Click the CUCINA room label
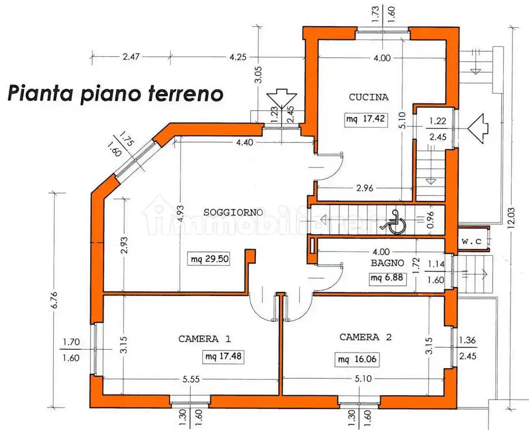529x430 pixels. click(x=368, y=97)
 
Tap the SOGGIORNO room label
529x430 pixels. click(x=233, y=212)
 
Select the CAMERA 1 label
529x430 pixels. click(x=204, y=339)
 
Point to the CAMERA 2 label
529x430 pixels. click(x=365, y=337)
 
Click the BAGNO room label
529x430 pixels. click(x=387, y=263)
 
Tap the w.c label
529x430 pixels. click(x=471, y=241)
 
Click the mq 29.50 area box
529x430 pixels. click(x=210, y=259)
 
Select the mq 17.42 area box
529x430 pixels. click(x=366, y=119)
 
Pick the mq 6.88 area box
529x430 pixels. click(x=387, y=278)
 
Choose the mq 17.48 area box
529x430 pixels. click(x=223, y=356)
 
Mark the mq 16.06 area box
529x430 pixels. click(x=357, y=359)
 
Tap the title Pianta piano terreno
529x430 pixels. click(x=115, y=93)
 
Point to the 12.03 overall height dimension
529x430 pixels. click(x=511, y=217)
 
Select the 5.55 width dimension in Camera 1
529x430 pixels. click(x=191, y=379)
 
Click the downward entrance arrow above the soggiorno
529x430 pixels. click(x=281, y=98)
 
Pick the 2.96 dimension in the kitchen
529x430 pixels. click(x=365, y=188)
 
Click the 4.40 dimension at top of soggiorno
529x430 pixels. click(x=244, y=143)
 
